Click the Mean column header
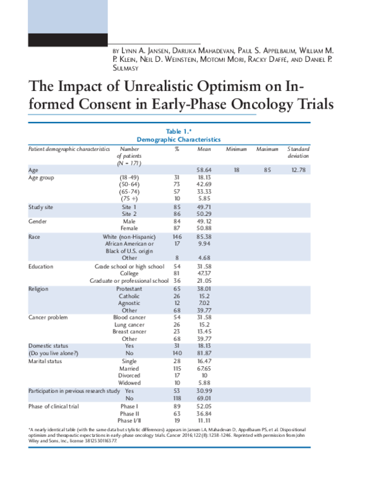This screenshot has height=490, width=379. click(203, 148)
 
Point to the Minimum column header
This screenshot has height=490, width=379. click(236, 148)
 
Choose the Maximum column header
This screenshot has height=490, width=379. click(267, 148)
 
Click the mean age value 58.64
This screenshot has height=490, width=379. click(203, 170)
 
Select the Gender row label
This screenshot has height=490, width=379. click(39, 222)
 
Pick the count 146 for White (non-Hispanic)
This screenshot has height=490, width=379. click(177, 237)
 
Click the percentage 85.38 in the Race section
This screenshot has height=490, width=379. click(203, 237)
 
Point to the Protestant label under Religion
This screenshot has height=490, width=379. click(129, 289)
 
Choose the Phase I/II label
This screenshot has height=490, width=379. click(129, 421)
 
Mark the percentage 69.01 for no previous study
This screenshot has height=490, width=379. click(203, 399)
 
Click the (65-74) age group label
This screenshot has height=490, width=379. click(129, 193)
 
